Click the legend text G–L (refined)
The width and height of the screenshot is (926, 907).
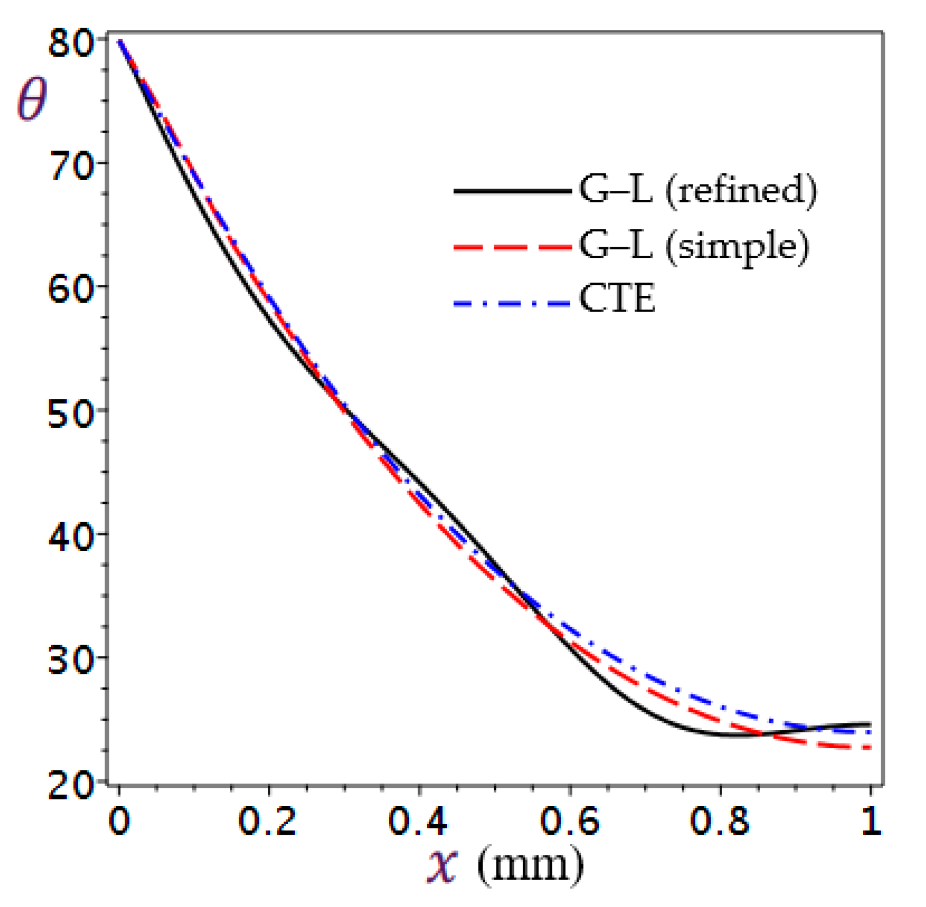[698, 190]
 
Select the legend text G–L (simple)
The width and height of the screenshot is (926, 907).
[694, 246]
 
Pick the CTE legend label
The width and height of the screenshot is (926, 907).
[617, 298]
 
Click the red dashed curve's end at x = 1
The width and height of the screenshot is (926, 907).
[871, 748]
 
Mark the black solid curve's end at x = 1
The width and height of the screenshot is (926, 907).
[871, 724]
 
